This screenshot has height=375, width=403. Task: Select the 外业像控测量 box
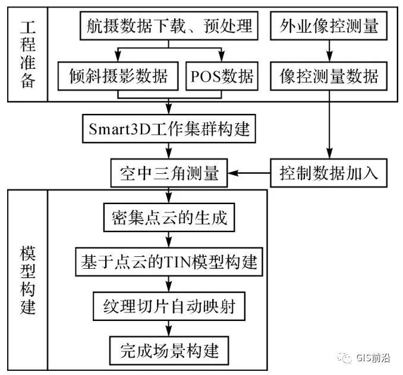coord(329,26)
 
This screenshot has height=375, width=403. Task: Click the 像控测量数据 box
coord(329,76)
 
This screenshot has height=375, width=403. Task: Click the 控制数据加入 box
coord(329,173)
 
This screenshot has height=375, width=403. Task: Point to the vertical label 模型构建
coord(27,279)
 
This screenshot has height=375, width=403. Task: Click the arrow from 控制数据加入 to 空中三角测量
coord(250,173)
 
